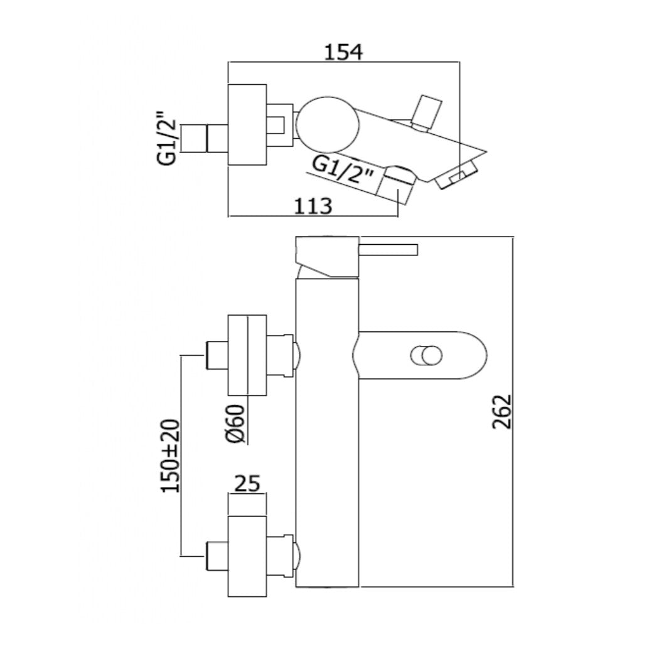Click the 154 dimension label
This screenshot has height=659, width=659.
tap(343, 51)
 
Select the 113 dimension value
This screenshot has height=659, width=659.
tap(313, 206)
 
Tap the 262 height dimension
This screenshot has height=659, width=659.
tap(502, 411)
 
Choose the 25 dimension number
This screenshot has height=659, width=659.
tap(247, 483)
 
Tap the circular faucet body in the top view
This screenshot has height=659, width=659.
tap(328, 126)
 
